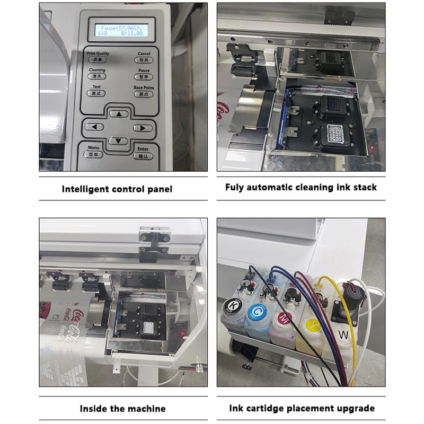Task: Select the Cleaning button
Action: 97,76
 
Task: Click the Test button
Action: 96,93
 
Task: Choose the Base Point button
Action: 144,93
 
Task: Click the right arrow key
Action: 143,128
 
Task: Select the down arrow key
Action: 119,141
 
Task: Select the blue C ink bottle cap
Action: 257,310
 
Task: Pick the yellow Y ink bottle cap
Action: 310,322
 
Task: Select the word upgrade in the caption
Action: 354,408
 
